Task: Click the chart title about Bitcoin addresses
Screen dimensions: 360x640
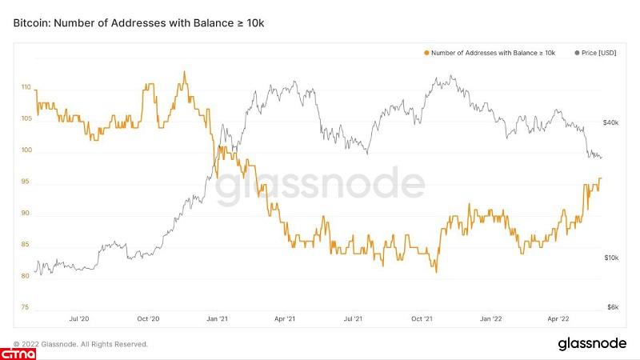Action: (x=138, y=24)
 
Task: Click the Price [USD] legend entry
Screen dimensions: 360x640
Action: (x=598, y=53)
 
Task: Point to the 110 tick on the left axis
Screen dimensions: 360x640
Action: (x=26, y=87)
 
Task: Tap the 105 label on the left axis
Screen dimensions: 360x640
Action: (x=26, y=118)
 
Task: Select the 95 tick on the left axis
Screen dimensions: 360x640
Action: (x=26, y=182)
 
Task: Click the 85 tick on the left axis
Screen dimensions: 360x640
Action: (x=26, y=245)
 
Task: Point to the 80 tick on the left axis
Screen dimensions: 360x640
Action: (x=26, y=276)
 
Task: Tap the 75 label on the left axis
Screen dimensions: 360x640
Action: (x=26, y=307)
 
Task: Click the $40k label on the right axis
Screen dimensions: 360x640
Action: (x=610, y=123)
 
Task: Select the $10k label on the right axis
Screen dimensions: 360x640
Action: (x=610, y=258)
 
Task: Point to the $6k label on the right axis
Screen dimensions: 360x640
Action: (x=612, y=307)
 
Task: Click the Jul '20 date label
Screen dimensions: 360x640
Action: (x=79, y=319)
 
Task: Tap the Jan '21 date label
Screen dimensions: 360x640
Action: (x=218, y=319)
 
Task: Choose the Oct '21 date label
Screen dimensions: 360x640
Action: (x=422, y=319)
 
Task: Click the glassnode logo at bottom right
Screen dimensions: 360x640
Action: (x=591, y=343)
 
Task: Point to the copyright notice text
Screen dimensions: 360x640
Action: (x=80, y=344)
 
